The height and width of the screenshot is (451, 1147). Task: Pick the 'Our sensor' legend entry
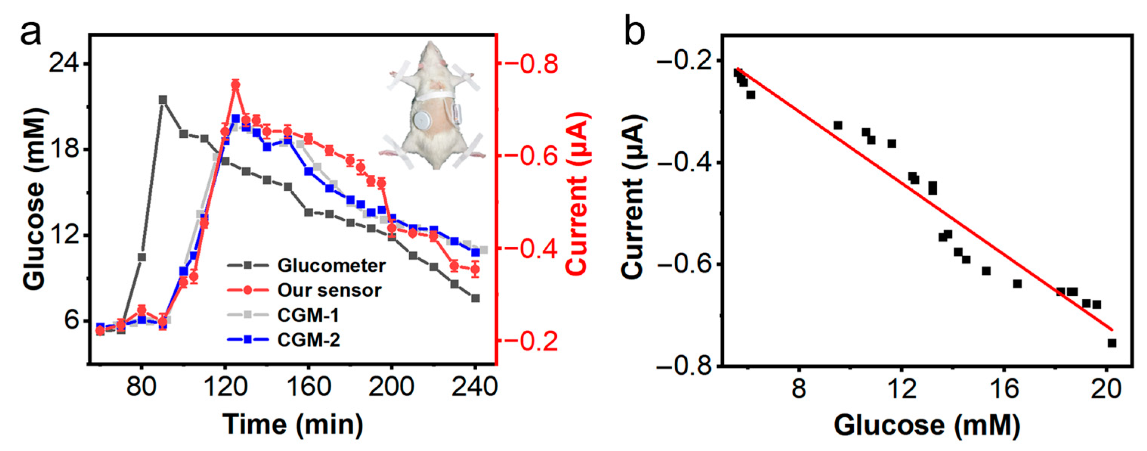[x=329, y=291]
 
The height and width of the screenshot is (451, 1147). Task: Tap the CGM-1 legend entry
[x=308, y=316]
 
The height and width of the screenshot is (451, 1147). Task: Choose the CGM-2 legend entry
[x=308, y=341]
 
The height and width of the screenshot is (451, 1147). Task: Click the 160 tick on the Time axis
[x=308, y=387]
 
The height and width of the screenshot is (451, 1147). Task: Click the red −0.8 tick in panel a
[x=532, y=64]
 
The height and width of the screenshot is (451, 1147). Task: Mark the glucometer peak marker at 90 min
[x=163, y=100]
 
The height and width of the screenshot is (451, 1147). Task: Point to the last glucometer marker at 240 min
[x=475, y=298]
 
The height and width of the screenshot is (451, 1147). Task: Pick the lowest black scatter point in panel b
[x=1112, y=343]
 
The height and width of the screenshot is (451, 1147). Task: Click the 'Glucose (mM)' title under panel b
[x=927, y=425]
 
